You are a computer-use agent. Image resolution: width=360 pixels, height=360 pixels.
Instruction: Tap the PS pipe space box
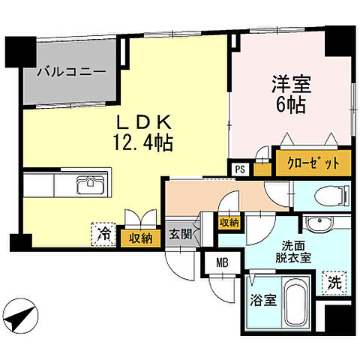pyautogui.click(x=240, y=169)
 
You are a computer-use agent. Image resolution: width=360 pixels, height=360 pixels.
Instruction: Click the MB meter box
pyautogui.click(x=222, y=263)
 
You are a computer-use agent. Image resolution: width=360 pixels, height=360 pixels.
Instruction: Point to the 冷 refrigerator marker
pyautogui.click(x=102, y=234)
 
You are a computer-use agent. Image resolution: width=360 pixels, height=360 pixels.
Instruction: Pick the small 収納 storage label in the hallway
pyautogui.click(x=229, y=222)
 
